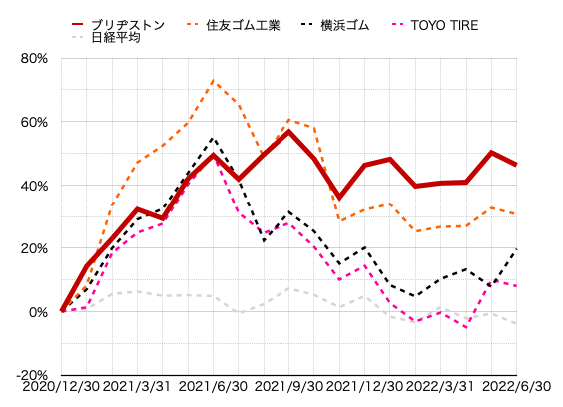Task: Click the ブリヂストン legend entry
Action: tap(118, 25)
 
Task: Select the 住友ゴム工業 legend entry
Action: tap(233, 25)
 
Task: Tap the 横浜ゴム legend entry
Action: tap(334, 25)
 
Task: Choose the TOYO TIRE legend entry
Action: tap(434, 25)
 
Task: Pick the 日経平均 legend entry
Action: tap(106, 37)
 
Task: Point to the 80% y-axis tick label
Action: tap(34, 58)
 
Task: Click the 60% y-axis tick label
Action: tap(34, 122)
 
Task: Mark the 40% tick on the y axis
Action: tap(34, 186)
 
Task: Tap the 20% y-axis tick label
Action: tap(34, 248)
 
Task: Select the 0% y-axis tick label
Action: tap(38, 312)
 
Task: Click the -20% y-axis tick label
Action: tap(32, 375)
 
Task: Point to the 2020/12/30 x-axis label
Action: tap(61, 386)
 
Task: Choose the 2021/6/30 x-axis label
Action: tap(213, 386)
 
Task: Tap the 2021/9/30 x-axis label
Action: tap(288, 386)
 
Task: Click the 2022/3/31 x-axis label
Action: tap(440, 386)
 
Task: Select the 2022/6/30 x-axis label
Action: tap(516, 386)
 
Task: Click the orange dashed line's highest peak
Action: tap(213, 81)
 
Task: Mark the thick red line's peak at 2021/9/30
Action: tap(288, 132)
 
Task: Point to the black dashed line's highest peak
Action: tap(213, 138)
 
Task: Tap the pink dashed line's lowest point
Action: tap(466, 327)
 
